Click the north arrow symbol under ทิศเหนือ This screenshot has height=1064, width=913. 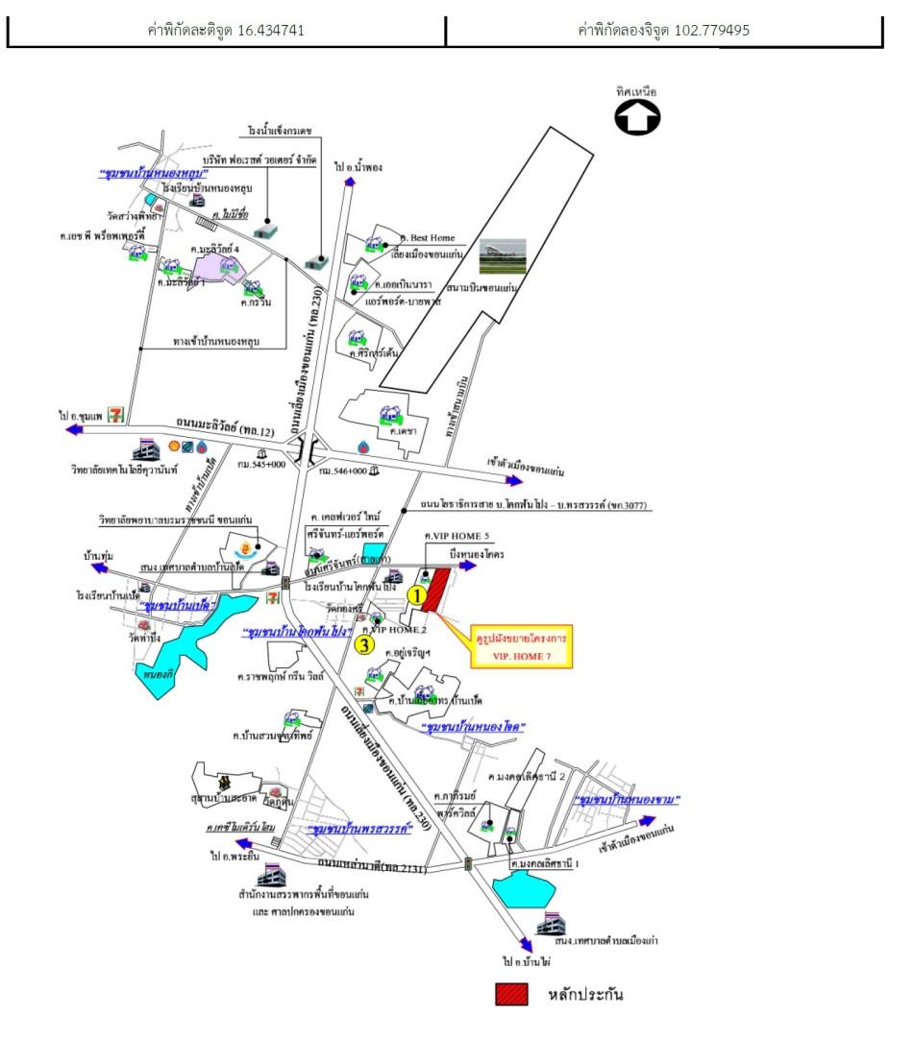click(x=637, y=118)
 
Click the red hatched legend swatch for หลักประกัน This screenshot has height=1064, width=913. click(x=511, y=995)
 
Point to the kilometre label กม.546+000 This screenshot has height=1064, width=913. click(x=346, y=472)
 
